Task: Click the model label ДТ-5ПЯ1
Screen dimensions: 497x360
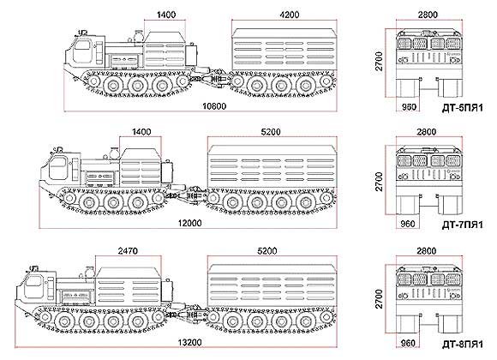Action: pyautogui.click(x=463, y=108)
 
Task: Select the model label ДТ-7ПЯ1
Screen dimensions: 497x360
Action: pyautogui.click(x=463, y=225)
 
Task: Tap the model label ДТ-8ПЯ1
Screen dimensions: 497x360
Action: pyautogui.click(x=463, y=344)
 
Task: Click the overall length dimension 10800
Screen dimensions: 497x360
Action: pyautogui.click(x=214, y=106)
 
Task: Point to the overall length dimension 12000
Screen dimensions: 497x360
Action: pyautogui.click(x=189, y=223)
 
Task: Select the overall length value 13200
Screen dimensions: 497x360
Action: pyautogui.click(x=189, y=343)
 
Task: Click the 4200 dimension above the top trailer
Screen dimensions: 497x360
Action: pyautogui.click(x=290, y=15)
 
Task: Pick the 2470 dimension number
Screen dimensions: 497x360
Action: pyautogui.click(x=128, y=251)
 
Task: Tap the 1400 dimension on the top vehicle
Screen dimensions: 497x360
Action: pyautogui.click(x=166, y=15)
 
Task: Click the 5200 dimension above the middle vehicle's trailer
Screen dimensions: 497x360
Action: pyautogui.click(x=271, y=132)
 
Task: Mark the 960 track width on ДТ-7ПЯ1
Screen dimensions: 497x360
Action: pyautogui.click(x=408, y=224)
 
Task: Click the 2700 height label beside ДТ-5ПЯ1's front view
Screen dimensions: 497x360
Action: pyautogui.click(x=379, y=62)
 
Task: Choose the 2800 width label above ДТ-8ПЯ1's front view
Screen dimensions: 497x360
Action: pyautogui.click(x=427, y=251)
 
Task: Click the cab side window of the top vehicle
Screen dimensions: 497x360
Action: pyautogui.click(x=81, y=51)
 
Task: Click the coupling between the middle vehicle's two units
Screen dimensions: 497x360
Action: pyautogui.click(x=187, y=194)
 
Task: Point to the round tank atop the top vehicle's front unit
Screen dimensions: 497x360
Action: pyautogui.click(x=139, y=35)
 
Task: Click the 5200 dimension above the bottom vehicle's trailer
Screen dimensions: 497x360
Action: pyautogui.click(x=267, y=251)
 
